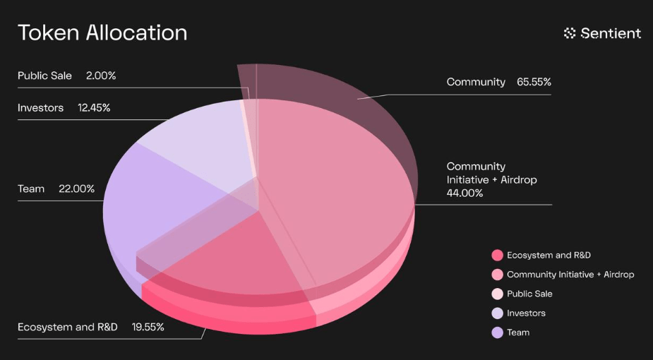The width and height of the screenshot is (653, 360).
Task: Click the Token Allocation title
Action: [x=102, y=33]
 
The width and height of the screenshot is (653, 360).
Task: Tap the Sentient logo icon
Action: [x=570, y=33]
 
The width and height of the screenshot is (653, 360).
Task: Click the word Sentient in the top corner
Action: [x=611, y=33]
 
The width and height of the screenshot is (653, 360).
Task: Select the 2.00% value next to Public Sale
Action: [x=100, y=76]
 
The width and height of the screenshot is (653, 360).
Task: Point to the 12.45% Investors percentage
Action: [x=93, y=108]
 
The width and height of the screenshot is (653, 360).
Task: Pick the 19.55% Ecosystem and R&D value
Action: [x=148, y=327]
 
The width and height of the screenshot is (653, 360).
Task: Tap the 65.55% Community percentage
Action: [x=534, y=82]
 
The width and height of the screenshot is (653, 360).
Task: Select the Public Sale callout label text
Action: [x=44, y=76]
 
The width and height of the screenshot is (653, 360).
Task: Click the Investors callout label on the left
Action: [x=40, y=108]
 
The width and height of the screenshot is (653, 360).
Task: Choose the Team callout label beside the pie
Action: [x=31, y=188]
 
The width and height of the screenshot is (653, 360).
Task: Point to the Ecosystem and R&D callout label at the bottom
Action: [x=68, y=327]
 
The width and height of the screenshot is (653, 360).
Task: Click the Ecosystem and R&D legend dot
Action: [x=497, y=255]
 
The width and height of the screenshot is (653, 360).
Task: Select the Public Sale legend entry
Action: [x=529, y=294]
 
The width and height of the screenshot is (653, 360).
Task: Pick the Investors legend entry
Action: [x=526, y=313]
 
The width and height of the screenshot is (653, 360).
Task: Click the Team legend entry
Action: [x=518, y=332]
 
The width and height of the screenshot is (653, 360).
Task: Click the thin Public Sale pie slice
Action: [x=251, y=134]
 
